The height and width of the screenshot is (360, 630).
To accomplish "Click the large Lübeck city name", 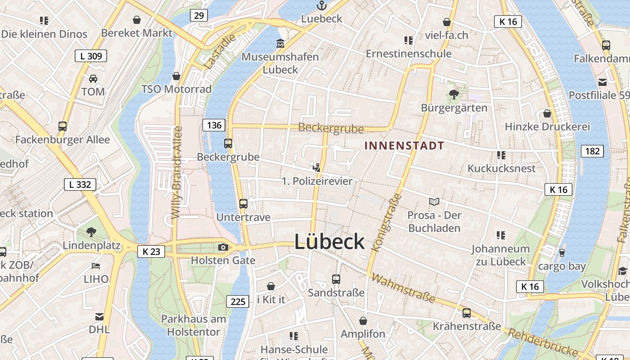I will click(329, 242).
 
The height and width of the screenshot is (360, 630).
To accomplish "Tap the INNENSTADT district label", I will click(404, 146).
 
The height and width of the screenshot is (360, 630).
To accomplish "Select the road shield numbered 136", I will click(214, 125).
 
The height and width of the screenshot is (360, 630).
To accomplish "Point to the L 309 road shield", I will click(91, 56).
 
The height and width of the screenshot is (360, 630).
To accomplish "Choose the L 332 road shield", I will click(80, 184).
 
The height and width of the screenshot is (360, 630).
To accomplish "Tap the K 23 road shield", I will click(151, 252).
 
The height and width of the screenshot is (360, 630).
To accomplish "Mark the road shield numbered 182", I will click(592, 151).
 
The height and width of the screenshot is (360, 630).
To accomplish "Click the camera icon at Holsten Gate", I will click(223, 247).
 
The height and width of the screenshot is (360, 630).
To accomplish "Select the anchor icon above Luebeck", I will click(321, 5).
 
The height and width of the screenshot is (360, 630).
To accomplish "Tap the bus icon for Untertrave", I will click(243, 203).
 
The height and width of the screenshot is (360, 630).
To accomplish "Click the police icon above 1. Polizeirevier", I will click(317, 168).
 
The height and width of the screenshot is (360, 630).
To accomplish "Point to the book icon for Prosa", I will click(434, 202).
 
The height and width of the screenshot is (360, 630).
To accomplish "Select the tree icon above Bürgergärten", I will click(454, 94).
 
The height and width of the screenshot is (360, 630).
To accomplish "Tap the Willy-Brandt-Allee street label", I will click(177, 172).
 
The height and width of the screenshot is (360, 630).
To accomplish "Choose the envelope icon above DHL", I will click(99, 317).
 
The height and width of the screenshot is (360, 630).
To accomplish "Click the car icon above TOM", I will click(93, 79).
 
